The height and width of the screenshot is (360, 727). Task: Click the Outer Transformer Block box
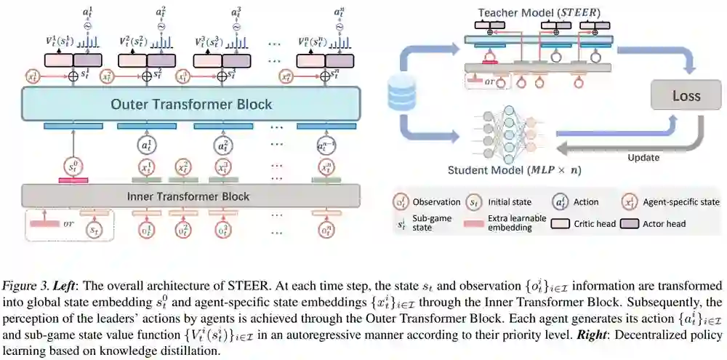coord(191,104)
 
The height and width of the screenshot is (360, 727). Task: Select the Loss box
coord(686,96)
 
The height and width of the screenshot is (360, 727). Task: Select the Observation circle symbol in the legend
coord(399,201)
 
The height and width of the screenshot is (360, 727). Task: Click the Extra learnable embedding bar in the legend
coord(477,223)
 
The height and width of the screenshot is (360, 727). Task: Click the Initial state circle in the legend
coord(473,201)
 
